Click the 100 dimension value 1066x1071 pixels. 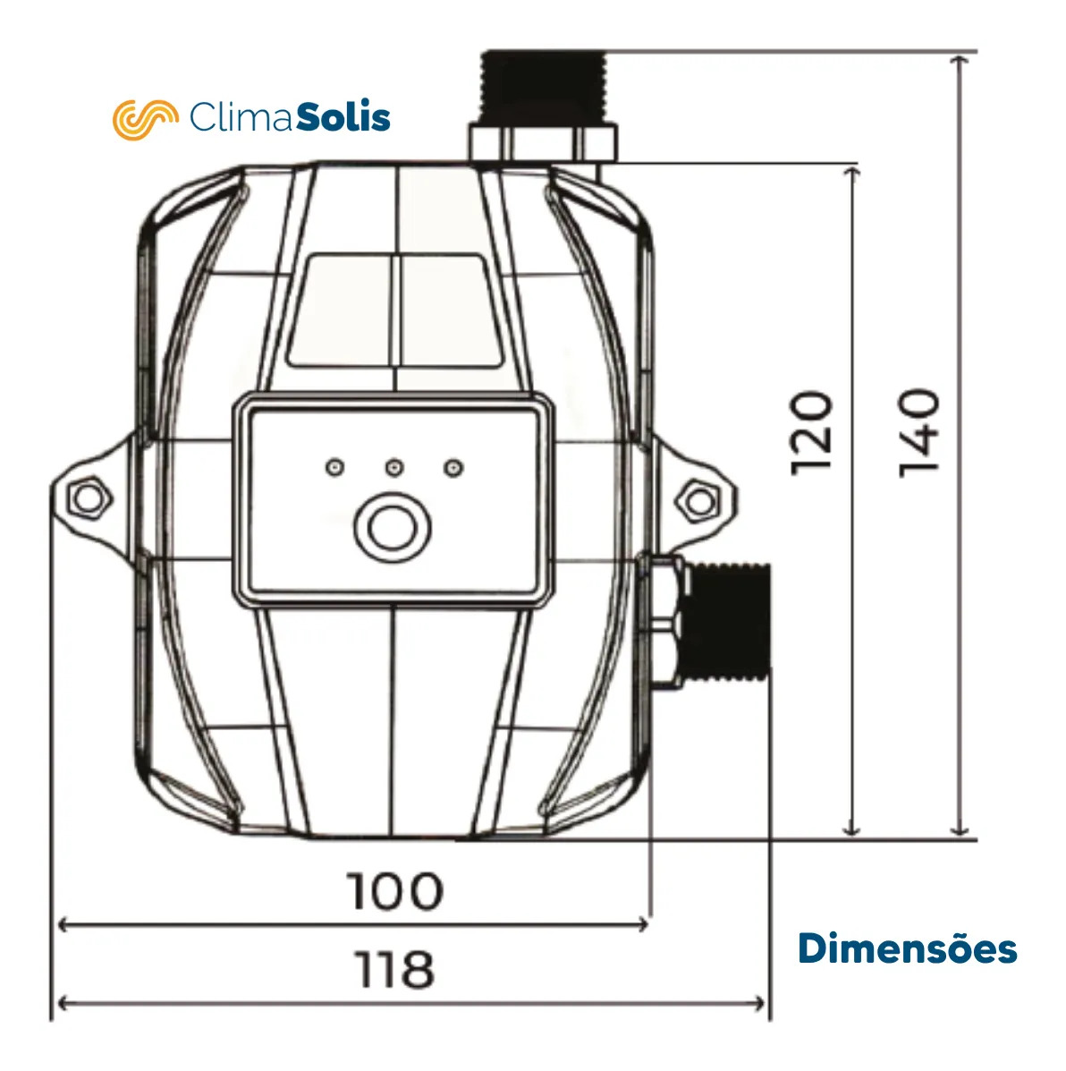click(394, 890)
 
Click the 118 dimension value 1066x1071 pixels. click(394, 969)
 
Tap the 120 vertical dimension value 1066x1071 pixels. click(812, 431)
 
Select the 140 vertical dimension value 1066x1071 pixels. click(919, 431)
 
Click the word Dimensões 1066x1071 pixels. click(907, 948)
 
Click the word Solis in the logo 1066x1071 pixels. click(343, 117)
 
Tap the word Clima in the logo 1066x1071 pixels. click(241, 117)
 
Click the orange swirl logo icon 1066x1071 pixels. click(145, 118)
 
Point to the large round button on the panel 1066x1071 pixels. click(392, 528)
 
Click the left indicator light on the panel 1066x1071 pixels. click(334, 467)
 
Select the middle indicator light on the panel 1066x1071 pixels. click(394, 467)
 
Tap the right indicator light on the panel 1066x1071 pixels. click(454, 467)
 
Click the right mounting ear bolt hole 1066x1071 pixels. click(699, 499)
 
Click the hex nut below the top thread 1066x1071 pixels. click(543, 143)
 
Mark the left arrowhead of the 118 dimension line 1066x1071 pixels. click(61, 1003)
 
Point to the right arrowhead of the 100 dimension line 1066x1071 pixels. click(644, 924)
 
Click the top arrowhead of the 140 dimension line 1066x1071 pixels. click(960, 59)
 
